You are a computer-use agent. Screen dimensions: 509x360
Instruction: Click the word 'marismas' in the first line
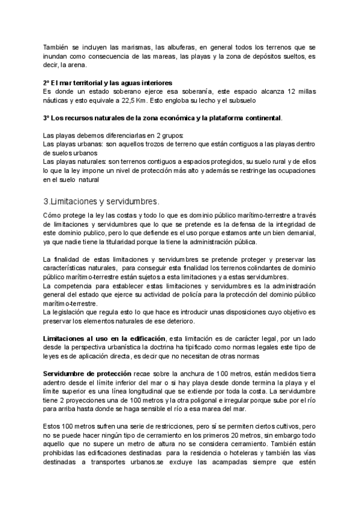coord(124,47)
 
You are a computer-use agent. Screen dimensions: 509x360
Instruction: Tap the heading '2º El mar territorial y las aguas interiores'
coord(108,82)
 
